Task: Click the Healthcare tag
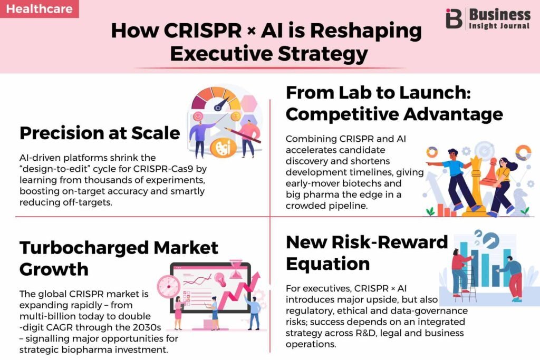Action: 39,8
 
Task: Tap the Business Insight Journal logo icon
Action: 454,18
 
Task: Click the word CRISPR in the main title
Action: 202,30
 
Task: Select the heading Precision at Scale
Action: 100,133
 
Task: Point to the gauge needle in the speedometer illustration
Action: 222,103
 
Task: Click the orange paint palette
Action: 223,147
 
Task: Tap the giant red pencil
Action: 242,134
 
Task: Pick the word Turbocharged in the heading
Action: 84,248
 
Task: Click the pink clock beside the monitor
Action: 169,287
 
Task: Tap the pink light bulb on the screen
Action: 220,279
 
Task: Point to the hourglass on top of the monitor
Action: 236,269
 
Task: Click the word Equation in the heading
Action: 328,264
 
